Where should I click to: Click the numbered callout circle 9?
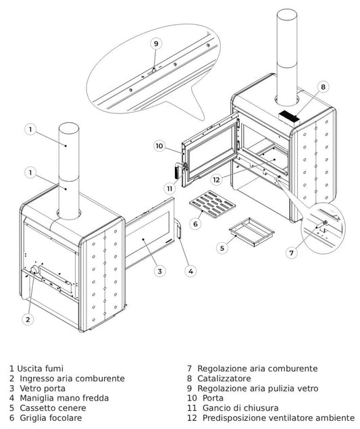[156, 44]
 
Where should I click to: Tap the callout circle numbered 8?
[323, 87]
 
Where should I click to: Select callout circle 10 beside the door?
[159, 146]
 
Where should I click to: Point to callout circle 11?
[170, 188]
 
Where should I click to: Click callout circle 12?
[216, 180]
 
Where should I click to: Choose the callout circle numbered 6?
[195, 224]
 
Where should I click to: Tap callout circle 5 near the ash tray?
[222, 248]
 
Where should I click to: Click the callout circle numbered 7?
[291, 253]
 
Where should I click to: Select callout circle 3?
[159, 271]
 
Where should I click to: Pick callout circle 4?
[190, 271]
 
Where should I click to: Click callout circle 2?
[28, 320]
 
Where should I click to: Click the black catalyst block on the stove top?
[288, 116]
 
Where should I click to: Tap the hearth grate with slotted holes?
[212, 205]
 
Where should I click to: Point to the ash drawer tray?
[252, 232]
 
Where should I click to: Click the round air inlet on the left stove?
[35, 270]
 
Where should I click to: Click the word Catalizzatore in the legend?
[224, 378]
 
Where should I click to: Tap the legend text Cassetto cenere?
[53, 408]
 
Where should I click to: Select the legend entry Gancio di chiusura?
[240, 408]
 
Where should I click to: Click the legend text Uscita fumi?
[41, 369]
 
